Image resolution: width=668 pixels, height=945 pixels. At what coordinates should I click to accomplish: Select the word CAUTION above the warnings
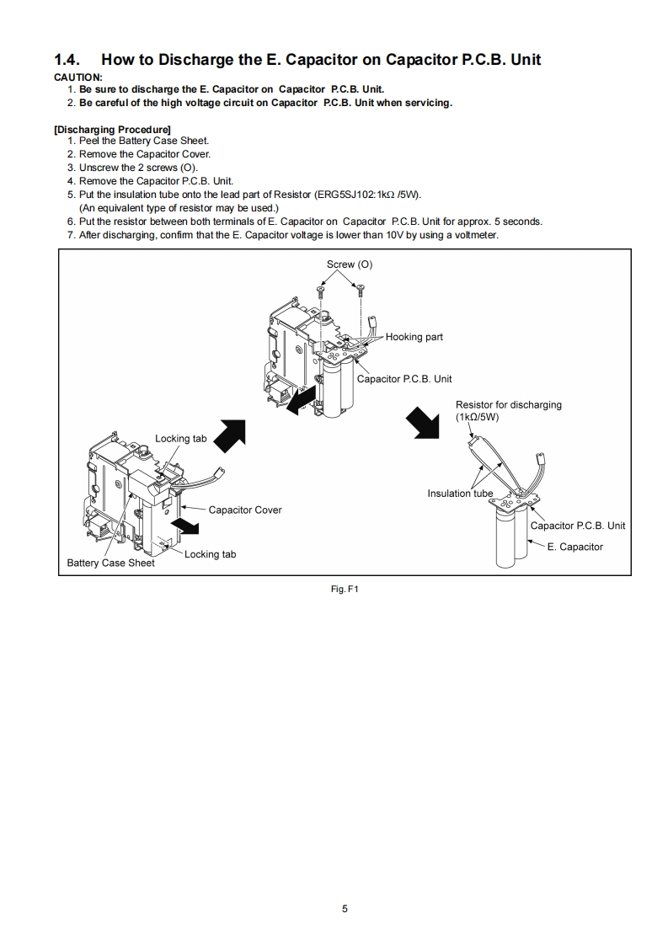[x=77, y=77]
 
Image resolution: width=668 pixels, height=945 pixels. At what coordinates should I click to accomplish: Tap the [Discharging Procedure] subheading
[x=112, y=130]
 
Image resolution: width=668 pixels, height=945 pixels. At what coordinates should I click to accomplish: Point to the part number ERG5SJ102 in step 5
[x=339, y=195]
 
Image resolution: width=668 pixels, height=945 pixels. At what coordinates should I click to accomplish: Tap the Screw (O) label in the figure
[x=349, y=264]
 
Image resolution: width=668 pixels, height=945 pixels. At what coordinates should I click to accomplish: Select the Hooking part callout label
[x=414, y=337]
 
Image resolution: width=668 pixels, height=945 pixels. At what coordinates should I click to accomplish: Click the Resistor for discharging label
[x=508, y=405]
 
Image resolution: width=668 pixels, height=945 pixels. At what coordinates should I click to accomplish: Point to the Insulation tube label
[x=460, y=494]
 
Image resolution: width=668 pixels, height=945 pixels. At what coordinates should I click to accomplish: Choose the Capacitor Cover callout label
[x=245, y=510]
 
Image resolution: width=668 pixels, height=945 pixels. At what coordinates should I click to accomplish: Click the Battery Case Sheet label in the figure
[x=110, y=563]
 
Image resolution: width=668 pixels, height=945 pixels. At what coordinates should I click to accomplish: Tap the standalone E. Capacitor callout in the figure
[x=574, y=547]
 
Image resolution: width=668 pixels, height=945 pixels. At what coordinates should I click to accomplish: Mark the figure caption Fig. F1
[x=345, y=590]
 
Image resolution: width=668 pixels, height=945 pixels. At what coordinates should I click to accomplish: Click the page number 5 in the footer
[x=345, y=909]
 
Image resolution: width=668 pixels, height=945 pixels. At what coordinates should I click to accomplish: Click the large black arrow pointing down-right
[x=423, y=421]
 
